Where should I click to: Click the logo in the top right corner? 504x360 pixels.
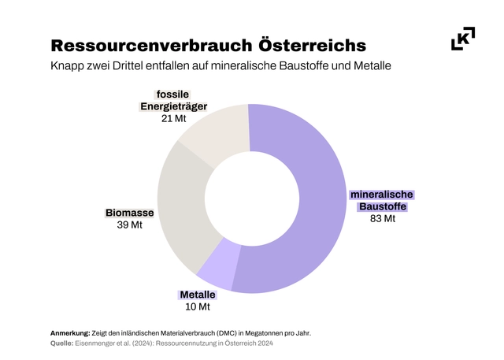pyautogui.click(x=463, y=39)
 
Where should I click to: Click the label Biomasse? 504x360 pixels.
pyautogui.click(x=130, y=213)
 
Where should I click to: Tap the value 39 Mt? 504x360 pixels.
pyautogui.click(x=130, y=225)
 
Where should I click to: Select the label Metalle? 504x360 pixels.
pyautogui.click(x=198, y=295)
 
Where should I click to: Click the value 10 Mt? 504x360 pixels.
pyautogui.click(x=198, y=307)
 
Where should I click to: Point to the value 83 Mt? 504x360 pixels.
pyautogui.click(x=382, y=219)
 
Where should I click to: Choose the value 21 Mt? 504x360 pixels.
pyautogui.click(x=173, y=118)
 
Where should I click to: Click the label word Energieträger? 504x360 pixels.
pyautogui.click(x=173, y=106)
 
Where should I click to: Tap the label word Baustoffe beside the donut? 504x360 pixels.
pyautogui.click(x=382, y=206)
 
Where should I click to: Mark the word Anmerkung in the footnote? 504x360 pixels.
pyautogui.click(x=70, y=332)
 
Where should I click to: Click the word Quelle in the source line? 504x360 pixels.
pyautogui.click(x=62, y=343)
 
